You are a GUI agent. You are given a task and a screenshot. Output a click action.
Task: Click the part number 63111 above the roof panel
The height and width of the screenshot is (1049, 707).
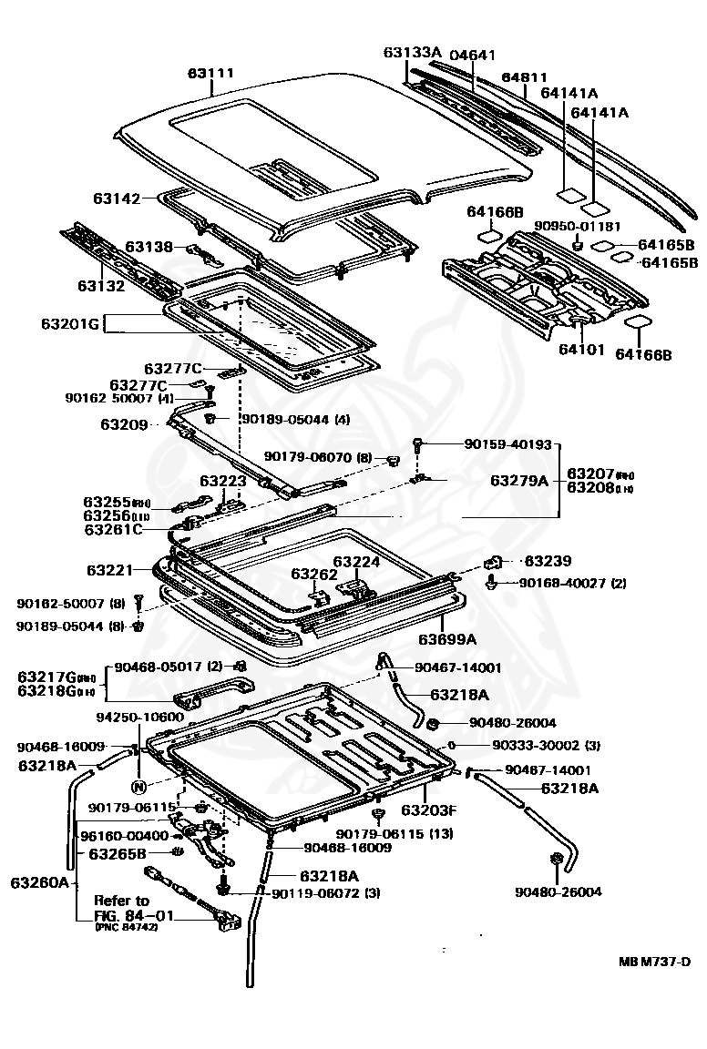[x=210, y=73]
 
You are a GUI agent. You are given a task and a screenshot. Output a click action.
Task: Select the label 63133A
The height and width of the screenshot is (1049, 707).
[x=412, y=52]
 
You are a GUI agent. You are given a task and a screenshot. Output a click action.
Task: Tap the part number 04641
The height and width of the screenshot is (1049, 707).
[x=474, y=55]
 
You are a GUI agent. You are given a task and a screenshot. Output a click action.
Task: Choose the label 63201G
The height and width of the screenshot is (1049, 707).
[x=68, y=323]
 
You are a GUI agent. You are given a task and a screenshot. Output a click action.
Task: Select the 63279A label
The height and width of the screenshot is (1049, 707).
[x=519, y=480]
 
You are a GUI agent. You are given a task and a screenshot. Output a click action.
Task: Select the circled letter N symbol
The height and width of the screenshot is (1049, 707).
[x=138, y=787]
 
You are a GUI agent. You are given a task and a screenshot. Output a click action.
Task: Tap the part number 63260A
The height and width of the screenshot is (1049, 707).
[x=41, y=881]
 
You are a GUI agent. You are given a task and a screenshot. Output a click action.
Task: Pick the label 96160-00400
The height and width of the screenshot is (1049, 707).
[x=124, y=835]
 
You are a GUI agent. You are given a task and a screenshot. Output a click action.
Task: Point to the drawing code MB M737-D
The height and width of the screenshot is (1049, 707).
[x=654, y=962]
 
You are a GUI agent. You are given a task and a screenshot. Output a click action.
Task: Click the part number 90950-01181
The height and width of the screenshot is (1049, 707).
[x=578, y=226]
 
